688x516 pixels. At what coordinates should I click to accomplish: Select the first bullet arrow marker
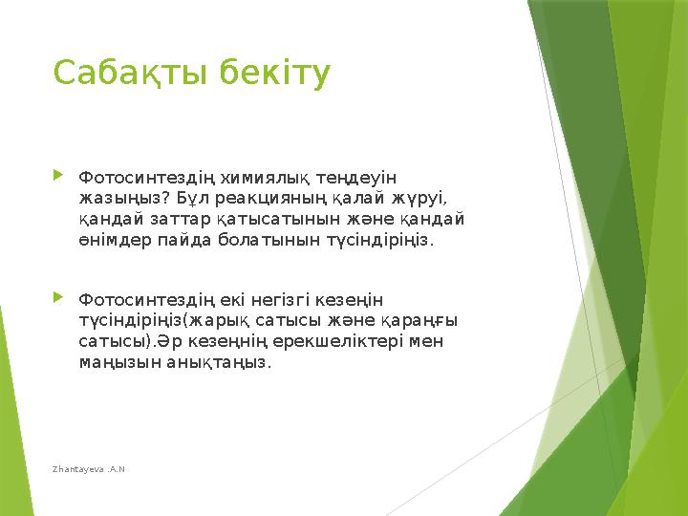(59, 175)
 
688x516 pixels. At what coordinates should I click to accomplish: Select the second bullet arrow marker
(59, 299)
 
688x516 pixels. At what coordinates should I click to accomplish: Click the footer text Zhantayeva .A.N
(91, 468)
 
